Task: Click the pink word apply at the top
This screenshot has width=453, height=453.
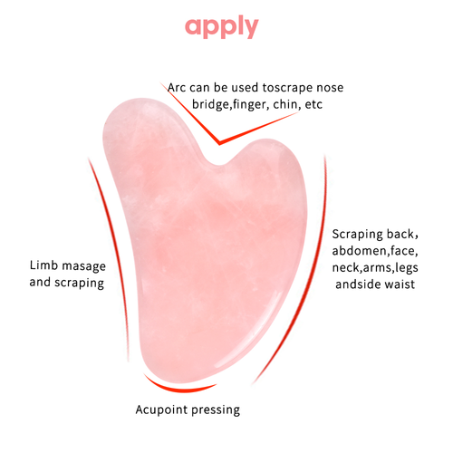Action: click(x=222, y=27)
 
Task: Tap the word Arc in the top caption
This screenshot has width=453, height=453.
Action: click(x=177, y=88)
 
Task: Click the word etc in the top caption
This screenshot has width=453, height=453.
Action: click(x=313, y=104)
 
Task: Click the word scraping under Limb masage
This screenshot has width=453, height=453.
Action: click(x=80, y=283)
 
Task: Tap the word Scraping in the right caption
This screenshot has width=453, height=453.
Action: click(x=358, y=235)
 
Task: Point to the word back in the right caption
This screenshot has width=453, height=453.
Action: click(x=402, y=234)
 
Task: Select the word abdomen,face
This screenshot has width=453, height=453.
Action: click(x=375, y=251)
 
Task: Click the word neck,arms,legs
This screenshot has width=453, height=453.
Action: click(x=375, y=268)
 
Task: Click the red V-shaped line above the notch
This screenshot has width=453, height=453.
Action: click(x=219, y=142)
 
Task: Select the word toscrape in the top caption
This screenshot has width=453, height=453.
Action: click(x=287, y=88)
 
